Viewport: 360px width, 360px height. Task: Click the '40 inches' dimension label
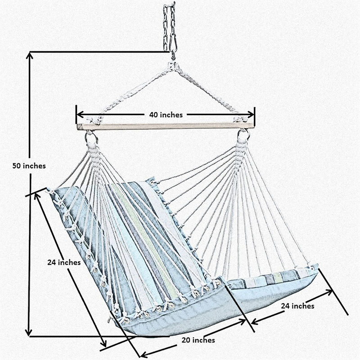tap(166, 115)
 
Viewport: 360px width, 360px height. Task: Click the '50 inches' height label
tap(29, 166)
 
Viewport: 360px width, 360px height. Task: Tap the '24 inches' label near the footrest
tap(297, 306)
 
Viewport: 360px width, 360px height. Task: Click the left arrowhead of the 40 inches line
tap(79, 115)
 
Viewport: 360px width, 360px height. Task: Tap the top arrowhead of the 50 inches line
tap(30, 55)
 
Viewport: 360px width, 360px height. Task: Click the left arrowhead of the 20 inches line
tap(143, 354)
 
